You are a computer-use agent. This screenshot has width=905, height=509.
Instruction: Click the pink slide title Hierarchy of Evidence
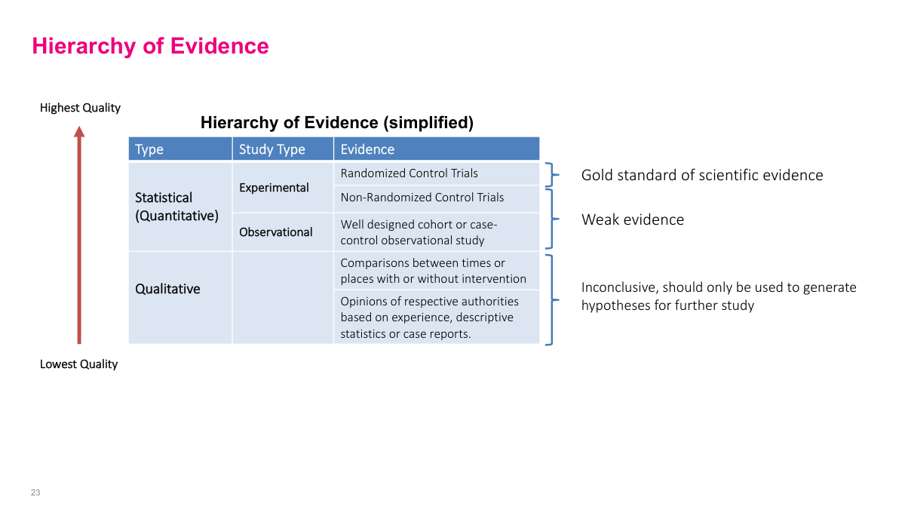pos(150,46)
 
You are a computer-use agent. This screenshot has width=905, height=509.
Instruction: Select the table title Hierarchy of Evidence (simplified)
pos(336,122)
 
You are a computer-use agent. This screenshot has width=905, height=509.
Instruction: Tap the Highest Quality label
pos(80,108)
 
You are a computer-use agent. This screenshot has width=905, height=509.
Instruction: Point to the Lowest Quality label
pos(78,364)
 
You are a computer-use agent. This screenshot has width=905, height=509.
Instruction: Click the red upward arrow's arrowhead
pos(79,132)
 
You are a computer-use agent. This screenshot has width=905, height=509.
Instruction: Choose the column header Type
pos(149,149)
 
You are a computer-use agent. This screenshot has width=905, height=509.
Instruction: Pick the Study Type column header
pos(271,149)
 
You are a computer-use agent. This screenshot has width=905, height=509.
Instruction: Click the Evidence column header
pos(367,149)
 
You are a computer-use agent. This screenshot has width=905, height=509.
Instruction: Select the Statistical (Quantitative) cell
pos(176,207)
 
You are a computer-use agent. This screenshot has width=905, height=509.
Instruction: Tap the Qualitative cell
pos(167,289)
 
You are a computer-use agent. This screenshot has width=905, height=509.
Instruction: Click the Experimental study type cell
pos(274,187)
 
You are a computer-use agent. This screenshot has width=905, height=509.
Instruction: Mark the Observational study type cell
pos(275,232)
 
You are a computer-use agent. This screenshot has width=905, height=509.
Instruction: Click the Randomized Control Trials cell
pos(409,173)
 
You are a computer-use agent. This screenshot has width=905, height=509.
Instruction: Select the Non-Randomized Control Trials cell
pos(422,198)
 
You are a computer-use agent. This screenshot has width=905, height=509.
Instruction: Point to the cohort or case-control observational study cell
pos(419,232)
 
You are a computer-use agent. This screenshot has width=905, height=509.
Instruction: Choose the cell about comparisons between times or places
pos(433,271)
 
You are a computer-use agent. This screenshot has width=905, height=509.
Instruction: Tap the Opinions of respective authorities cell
pos(429,317)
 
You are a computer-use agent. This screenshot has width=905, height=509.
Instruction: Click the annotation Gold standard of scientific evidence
pos(701,175)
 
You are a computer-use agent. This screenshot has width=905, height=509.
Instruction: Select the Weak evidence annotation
pos(632,219)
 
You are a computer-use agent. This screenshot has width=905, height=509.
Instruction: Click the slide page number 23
pos(35,492)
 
